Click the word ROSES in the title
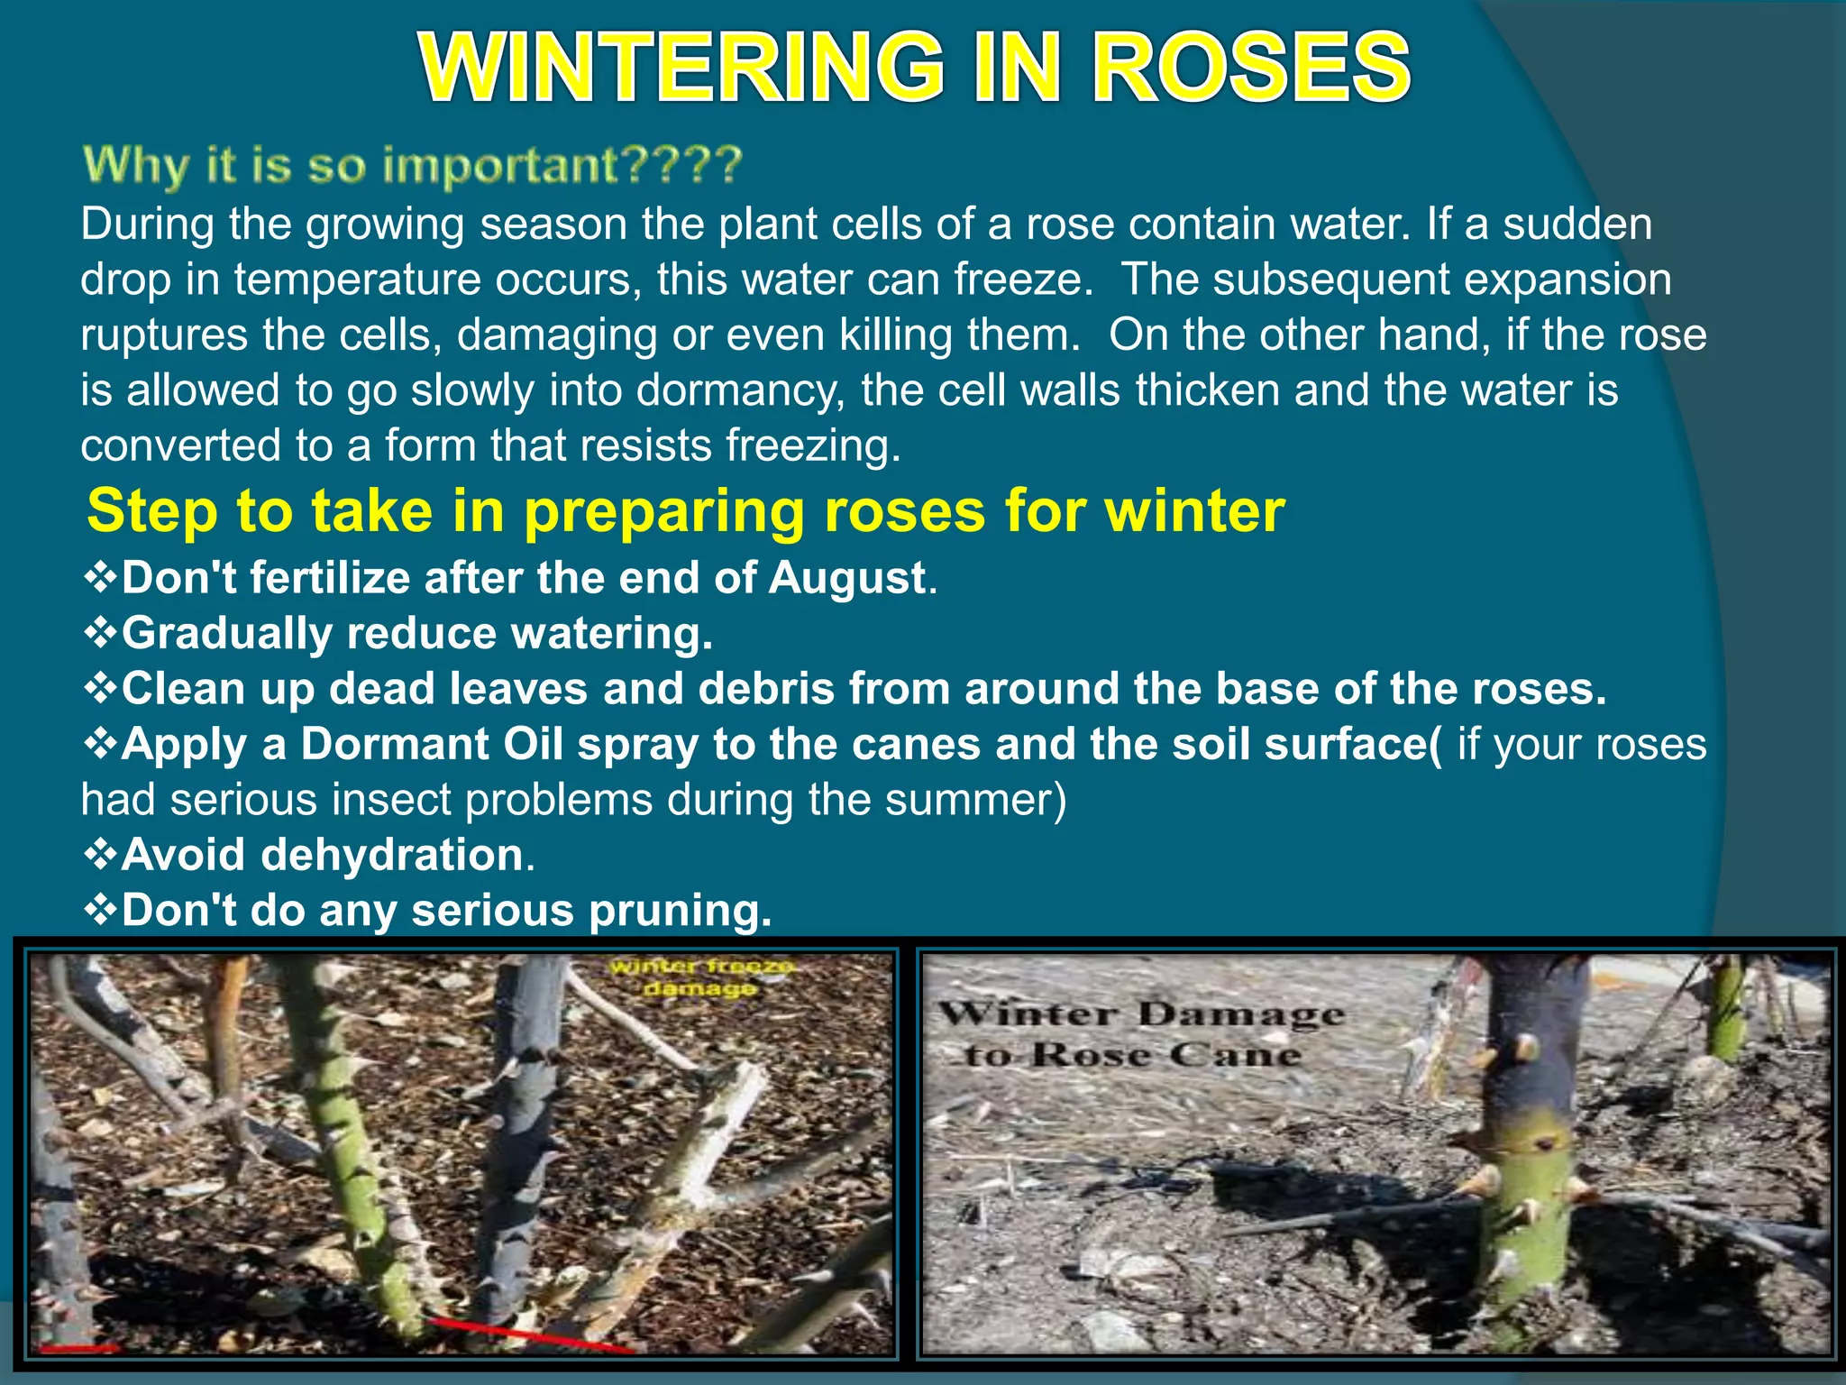(x=1251, y=67)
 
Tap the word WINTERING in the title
(x=682, y=67)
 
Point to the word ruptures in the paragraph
(x=164, y=335)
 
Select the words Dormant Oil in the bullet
(x=433, y=745)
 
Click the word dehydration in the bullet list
(x=392, y=855)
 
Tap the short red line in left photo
(x=78, y=1349)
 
